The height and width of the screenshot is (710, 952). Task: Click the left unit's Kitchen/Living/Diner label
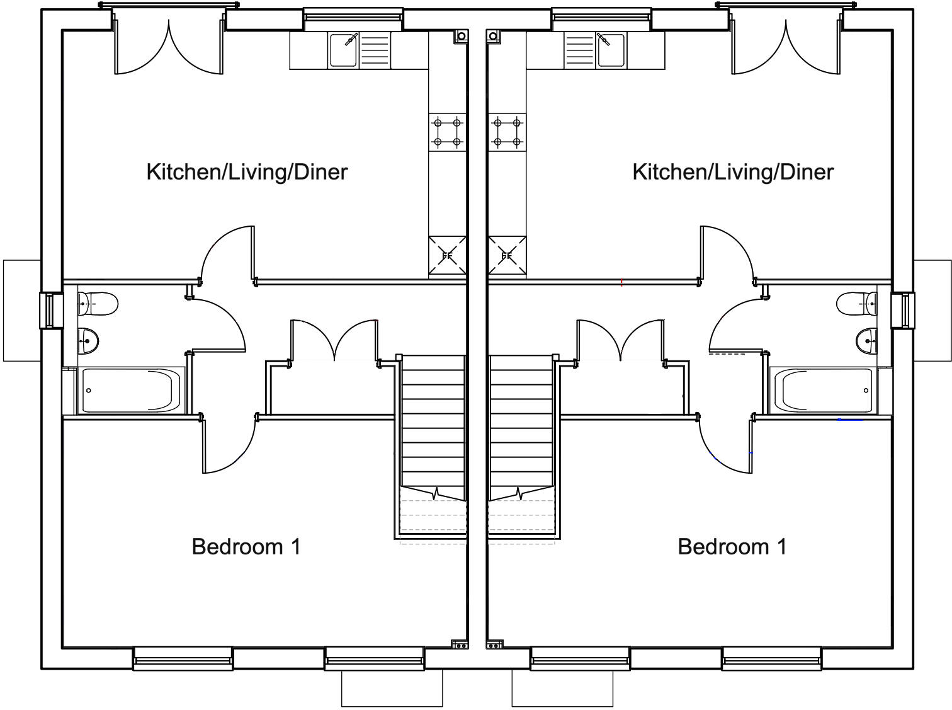pos(247,172)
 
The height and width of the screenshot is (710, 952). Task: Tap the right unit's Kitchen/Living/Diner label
pos(733,172)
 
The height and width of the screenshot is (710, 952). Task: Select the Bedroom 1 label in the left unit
pos(246,546)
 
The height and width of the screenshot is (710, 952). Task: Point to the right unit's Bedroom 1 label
pos(732,546)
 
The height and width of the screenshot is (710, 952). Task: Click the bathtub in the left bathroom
pos(131,391)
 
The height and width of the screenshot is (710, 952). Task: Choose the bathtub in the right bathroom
pos(824,391)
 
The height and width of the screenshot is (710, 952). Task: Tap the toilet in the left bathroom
pos(99,304)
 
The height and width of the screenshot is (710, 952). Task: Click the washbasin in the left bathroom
pos(89,341)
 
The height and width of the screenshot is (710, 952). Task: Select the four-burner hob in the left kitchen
pos(447,132)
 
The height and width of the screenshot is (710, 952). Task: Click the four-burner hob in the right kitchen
pos(507,132)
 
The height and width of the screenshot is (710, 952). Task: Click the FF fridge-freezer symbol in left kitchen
pos(447,256)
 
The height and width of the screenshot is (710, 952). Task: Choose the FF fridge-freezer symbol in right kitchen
pos(507,256)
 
